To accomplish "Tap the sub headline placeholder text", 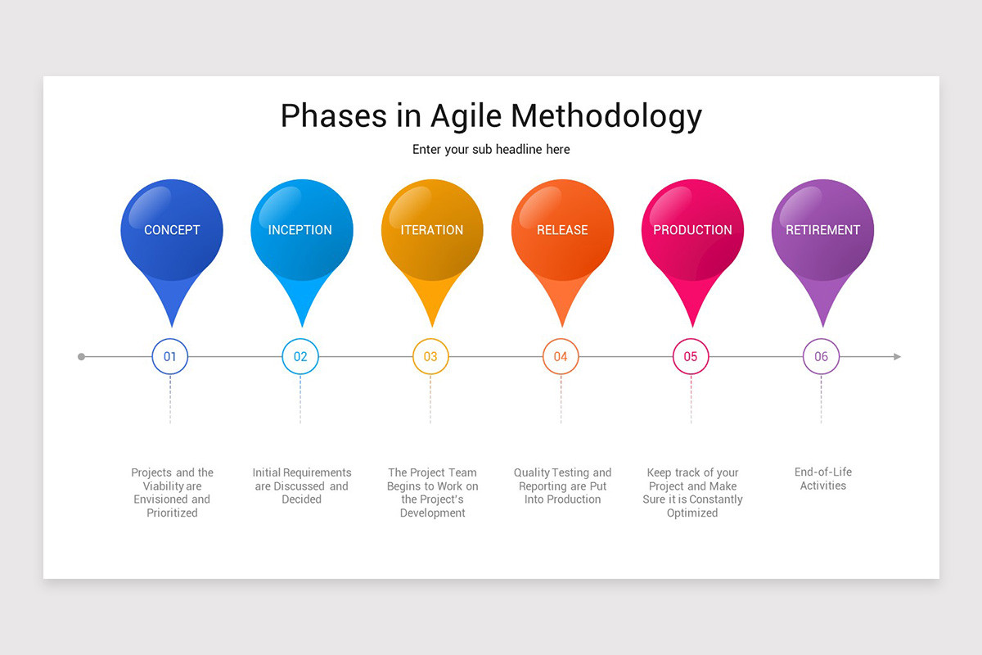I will click(491, 149).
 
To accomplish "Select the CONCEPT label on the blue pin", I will click(172, 230).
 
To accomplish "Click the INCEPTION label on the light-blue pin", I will click(300, 230).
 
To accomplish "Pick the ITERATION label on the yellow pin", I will click(432, 230).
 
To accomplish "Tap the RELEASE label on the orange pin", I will click(562, 230).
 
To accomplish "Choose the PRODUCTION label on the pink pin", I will click(692, 230).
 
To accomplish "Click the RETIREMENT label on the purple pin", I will click(822, 230).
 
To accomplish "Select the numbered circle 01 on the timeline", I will click(170, 357).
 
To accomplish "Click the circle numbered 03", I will click(430, 357).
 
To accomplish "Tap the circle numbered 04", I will click(561, 357).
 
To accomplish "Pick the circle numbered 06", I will click(821, 357).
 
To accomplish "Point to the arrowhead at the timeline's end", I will click(897, 357).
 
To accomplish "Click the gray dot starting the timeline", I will click(81, 357).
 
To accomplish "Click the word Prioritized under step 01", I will click(172, 513).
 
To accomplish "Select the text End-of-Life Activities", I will click(822, 479).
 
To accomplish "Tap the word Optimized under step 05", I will click(692, 513).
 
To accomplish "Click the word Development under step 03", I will click(432, 513).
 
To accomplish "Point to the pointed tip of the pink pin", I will click(692, 326).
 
